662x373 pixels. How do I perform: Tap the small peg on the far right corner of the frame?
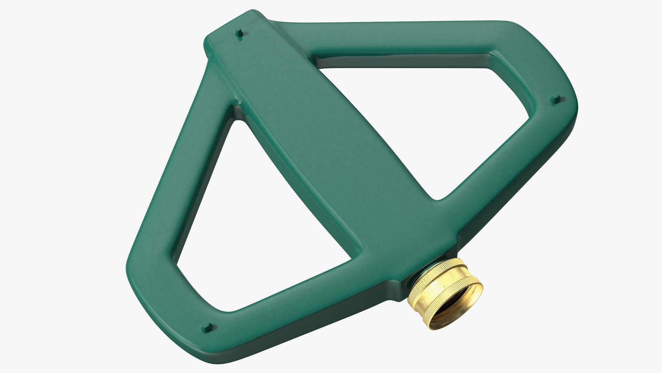point(555,98)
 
